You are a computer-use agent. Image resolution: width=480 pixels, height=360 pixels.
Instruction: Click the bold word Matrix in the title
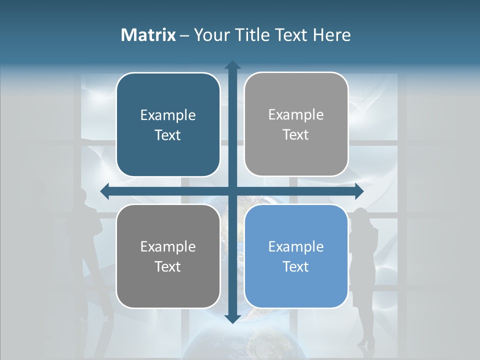(148, 35)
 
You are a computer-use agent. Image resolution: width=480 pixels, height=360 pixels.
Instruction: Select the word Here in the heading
(332, 35)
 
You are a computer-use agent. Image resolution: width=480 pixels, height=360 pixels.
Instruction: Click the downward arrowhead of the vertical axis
(232, 318)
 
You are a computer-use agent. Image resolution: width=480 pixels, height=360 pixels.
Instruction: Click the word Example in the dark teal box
(168, 115)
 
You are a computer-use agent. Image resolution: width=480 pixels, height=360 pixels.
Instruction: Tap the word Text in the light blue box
(296, 266)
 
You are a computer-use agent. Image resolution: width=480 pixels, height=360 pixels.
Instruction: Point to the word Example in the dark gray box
(168, 246)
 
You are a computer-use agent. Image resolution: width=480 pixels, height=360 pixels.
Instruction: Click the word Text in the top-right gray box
(296, 135)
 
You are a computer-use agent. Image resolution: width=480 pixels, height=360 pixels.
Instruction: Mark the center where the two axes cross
(232, 190)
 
